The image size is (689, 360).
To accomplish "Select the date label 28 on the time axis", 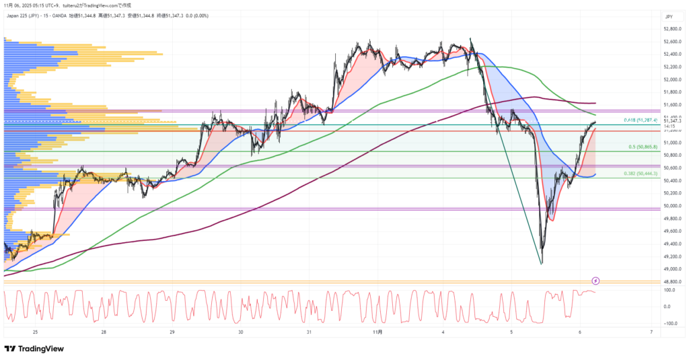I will tap(104, 332).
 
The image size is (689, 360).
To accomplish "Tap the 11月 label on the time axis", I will tap(377, 332).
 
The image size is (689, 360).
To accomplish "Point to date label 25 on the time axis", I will tap(35, 332).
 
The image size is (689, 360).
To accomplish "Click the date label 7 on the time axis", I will tap(651, 332).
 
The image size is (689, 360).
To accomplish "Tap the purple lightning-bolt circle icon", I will tap(595, 280).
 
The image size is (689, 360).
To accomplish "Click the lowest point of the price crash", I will tap(542, 263).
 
